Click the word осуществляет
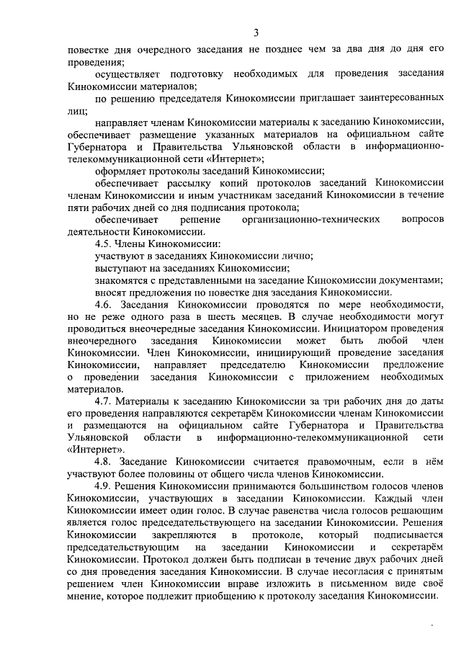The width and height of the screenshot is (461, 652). pyautogui.click(x=128, y=74)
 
